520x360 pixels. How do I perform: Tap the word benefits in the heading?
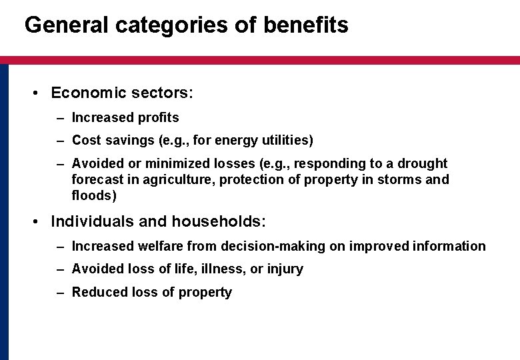(306, 25)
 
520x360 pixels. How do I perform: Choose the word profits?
(158, 118)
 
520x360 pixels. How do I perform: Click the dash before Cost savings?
(60, 141)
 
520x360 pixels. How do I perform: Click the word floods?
(93, 196)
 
